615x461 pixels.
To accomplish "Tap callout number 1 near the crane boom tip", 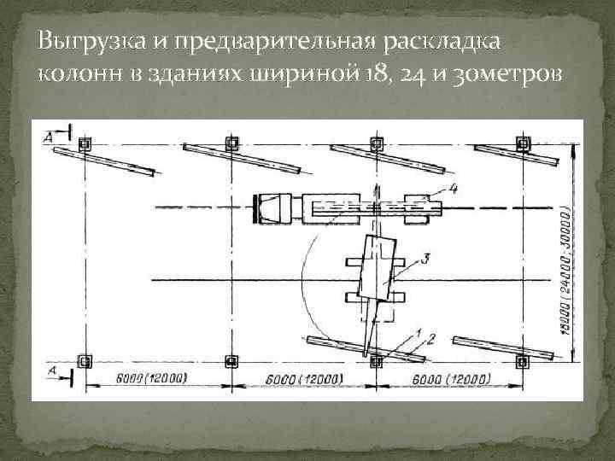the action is [418, 331].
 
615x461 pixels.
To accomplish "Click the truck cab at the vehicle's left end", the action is [272, 207].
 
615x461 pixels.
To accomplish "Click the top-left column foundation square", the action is [84, 143].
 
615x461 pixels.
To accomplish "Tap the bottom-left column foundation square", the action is [84, 361].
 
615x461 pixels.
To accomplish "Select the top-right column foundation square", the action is [523, 143].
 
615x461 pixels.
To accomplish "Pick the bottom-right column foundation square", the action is [523, 361].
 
